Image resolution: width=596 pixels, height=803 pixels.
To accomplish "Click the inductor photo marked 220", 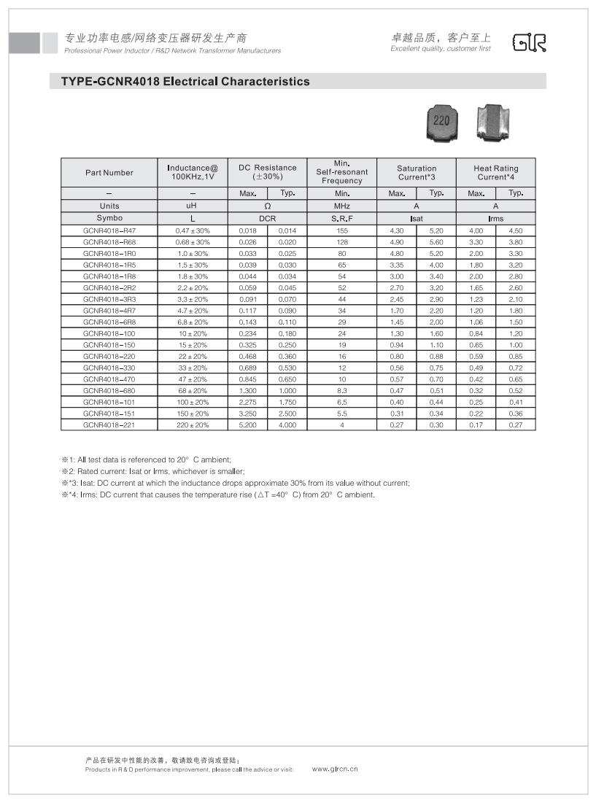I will pos(442,122).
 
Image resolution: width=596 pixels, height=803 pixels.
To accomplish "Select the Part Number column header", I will pos(109,173).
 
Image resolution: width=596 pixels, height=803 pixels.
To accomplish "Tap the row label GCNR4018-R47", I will pos(109,230).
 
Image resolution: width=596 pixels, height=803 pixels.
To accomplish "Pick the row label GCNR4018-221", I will pos(109,424).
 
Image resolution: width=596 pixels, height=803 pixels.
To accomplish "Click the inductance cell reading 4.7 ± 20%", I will pos(193,311).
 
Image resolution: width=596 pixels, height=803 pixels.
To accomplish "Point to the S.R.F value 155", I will pos(341,230).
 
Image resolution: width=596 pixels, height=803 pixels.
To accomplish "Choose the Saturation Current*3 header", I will pos(417,173).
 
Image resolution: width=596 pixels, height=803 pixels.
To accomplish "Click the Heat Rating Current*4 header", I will pos(495,173).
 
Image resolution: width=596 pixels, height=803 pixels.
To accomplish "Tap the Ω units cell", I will pos(268,206).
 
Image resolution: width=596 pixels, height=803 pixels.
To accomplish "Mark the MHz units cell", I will pos(341,206).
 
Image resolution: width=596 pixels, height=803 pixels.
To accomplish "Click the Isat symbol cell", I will pos(417,219).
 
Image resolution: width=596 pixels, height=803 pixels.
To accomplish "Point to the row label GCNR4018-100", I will pos(109,333).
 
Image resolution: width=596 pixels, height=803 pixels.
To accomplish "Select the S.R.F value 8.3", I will pos(341,390).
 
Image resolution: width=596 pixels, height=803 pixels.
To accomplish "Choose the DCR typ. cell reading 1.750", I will pos(287,402).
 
